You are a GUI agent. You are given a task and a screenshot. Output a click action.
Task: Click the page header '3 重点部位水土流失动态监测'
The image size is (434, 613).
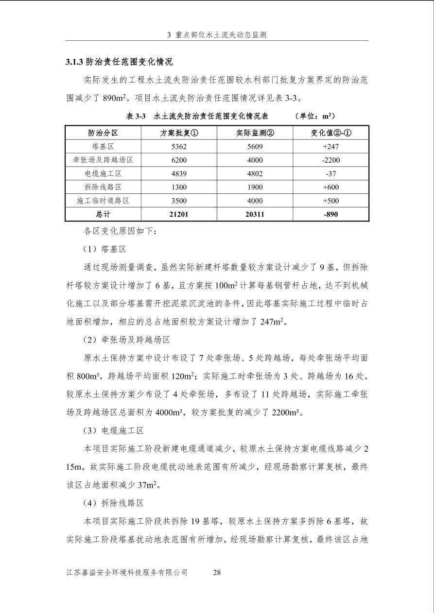click(x=217, y=34)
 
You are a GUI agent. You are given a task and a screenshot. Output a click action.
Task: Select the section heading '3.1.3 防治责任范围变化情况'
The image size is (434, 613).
click(x=119, y=62)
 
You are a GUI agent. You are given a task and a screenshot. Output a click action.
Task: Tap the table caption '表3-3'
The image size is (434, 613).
click(x=136, y=117)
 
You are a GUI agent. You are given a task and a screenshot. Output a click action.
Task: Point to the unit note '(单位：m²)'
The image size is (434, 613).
click(x=314, y=117)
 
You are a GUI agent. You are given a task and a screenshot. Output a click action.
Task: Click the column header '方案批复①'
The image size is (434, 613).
click(x=179, y=133)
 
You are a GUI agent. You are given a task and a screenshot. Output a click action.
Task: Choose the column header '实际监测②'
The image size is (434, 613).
click(x=255, y=133)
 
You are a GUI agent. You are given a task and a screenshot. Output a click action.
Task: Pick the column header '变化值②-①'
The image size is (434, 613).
click(x=330, y=133)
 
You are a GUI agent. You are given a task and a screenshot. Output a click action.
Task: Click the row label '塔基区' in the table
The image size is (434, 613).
click(x=103, y=146)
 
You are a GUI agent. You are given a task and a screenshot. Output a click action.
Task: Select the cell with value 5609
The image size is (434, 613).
click(x=255, y=146)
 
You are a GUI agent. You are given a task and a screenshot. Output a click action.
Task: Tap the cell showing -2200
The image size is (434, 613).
click(x=330, y=160)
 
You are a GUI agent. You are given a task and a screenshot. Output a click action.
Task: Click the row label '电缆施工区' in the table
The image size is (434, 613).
click(x=103, y=173)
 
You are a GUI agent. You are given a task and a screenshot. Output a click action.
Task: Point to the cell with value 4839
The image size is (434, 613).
click(x=179, y=173)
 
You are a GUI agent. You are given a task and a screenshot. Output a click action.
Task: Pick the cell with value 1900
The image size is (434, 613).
click(x=255, y=187)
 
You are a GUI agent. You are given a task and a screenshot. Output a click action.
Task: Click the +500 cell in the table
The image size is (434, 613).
click(x=330, y=200)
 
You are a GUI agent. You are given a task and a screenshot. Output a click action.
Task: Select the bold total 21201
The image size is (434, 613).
click(x=179, y=214)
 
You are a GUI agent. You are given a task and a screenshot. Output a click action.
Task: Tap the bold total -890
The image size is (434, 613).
click(x=330, y=214)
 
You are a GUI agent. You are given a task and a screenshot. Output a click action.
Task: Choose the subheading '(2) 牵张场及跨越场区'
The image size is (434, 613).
click(x=126, y=340)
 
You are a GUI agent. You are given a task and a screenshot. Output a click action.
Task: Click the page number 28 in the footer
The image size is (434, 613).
click(x=217, y=572)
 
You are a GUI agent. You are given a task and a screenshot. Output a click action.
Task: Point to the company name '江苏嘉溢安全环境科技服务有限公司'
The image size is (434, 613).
click(x=127, y=572)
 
